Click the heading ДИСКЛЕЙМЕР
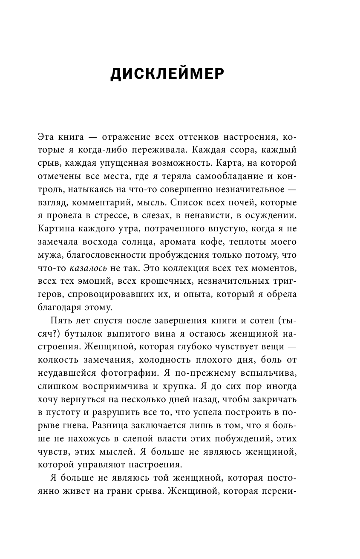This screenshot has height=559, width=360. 167,74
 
